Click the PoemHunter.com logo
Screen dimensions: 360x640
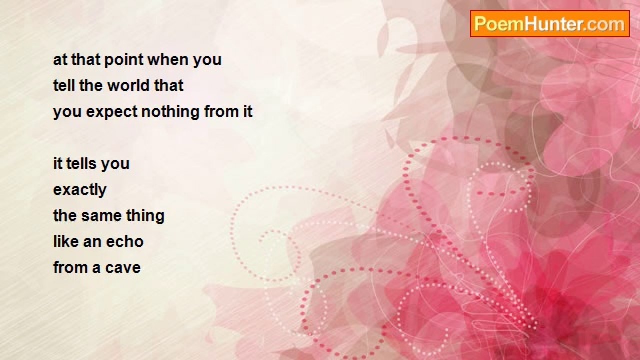549,24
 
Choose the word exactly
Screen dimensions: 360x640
80,190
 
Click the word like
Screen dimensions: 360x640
65,242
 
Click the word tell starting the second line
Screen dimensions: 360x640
64,85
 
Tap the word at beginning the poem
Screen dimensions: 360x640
59,60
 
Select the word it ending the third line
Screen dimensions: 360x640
247,111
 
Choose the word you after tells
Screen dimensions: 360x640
115,164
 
